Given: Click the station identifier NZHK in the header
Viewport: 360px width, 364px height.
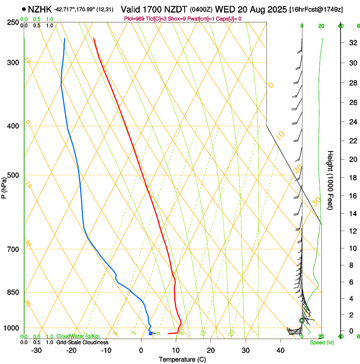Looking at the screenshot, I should [40, 9].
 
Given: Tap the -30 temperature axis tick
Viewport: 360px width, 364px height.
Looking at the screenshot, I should [36, 350].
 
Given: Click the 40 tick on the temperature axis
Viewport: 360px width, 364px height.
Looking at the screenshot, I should [280, 350].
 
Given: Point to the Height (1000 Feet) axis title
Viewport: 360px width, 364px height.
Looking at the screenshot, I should [330, 179].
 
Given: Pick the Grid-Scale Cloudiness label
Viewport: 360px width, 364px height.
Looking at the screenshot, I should [82, 342].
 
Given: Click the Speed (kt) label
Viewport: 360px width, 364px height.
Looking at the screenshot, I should [321, 342].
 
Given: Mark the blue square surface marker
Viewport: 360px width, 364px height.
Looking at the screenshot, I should [150, 334].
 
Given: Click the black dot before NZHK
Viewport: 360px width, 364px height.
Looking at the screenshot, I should [24, 9].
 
